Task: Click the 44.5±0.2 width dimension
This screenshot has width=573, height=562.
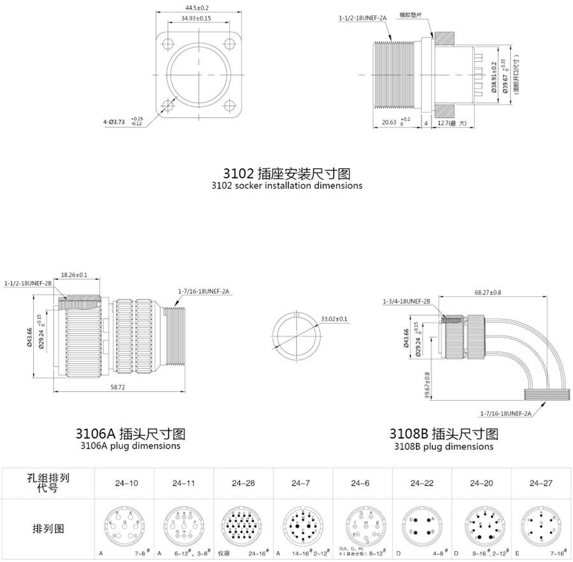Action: [197, 8]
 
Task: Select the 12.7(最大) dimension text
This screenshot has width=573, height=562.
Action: [453, 123]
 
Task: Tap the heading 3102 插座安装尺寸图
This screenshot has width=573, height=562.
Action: [286, 173]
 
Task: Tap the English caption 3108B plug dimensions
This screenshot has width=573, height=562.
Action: [444, 446]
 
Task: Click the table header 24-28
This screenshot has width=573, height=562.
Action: [243, 484]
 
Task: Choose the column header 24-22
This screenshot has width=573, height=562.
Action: [421, 484]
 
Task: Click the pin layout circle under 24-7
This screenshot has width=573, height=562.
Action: [302, 524]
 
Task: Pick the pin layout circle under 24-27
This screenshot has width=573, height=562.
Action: [540, 524]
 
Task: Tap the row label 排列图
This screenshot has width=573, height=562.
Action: [48, 528]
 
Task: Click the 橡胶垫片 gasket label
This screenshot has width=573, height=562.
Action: [411, 13]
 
